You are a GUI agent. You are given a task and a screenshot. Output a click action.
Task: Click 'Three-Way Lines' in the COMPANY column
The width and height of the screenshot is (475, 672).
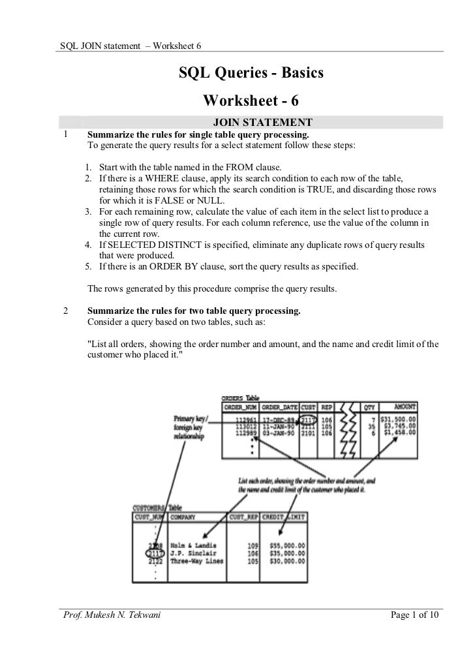coord(198,560)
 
